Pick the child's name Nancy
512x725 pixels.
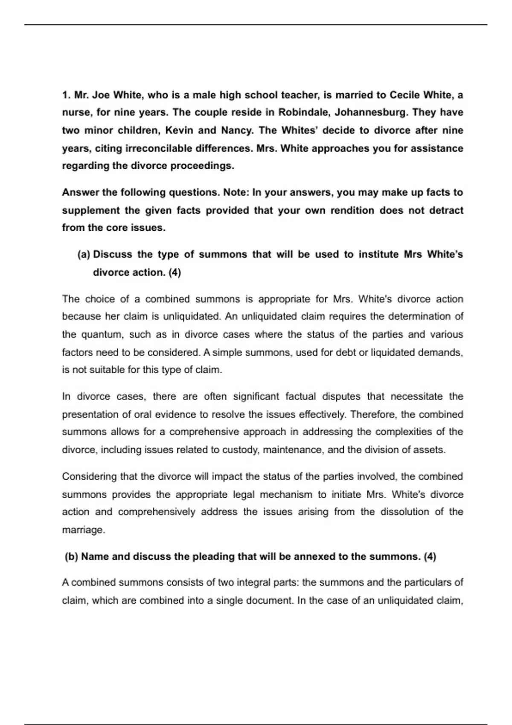[237, 130]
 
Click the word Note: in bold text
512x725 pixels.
[236, 192]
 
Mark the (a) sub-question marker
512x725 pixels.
[84, 255]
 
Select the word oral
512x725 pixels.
[143, 415]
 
